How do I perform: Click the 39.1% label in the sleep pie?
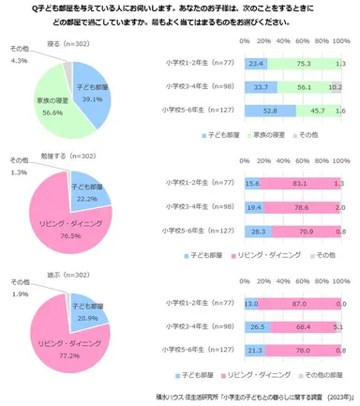[91, 98]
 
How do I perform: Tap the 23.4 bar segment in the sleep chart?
[255, 64]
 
